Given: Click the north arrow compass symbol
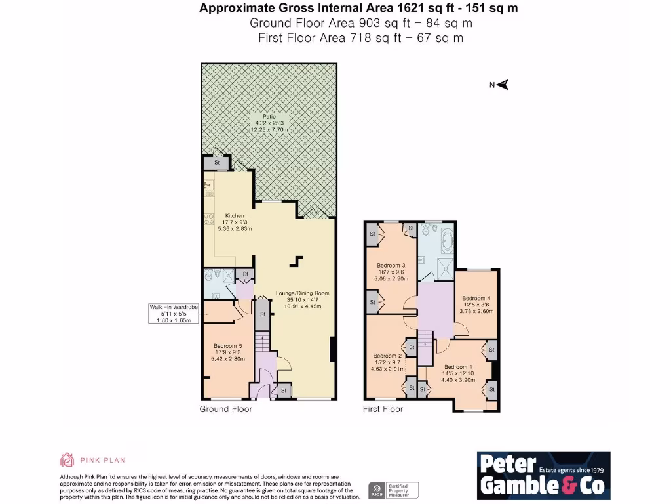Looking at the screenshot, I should click(x=503, y=85).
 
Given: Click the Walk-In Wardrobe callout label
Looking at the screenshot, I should click(x=174, y=314).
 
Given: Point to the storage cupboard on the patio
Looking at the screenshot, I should click(x=216, y=162).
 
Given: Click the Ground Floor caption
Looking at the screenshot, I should click(x=225, y=409).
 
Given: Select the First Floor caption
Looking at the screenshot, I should click(x=383, y=409).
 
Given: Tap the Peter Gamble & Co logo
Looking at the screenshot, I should click(x=543, y=474).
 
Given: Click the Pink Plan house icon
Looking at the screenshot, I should click(x=67, y=460).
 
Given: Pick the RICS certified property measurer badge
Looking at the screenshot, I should click(x=393, y=490).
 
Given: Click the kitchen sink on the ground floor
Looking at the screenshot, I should click(x=208, y=187).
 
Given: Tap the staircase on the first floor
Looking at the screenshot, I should click(x=425, y=345).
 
